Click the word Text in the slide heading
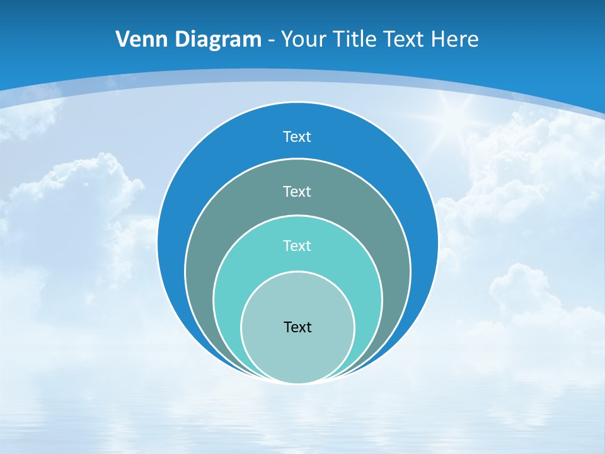(406, 40)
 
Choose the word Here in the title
(455, 40)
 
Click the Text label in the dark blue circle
(297, 137)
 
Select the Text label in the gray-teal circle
(297, 191)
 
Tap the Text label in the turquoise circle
(297, 245)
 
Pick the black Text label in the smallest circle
(297, 327)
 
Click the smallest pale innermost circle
(297, 353)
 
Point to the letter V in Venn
(122, 40)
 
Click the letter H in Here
(437, 40)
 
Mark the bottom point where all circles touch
(297, 383)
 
